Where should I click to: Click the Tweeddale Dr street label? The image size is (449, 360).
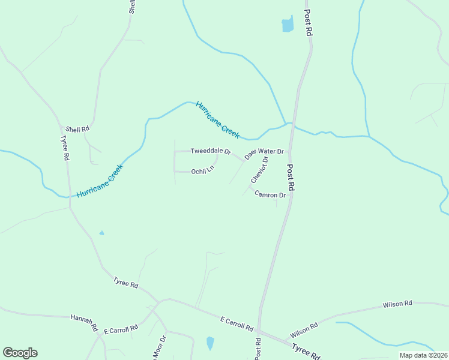tap(211, 151)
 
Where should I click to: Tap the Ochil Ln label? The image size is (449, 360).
tap(202, 172)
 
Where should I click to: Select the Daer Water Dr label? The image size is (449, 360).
tap(264, 152)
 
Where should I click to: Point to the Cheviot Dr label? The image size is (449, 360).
tap(259, 170)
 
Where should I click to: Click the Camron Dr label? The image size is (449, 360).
tap(270, 194)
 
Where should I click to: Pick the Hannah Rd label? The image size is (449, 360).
tap(84, 322)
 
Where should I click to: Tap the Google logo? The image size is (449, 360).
tap(20, 353)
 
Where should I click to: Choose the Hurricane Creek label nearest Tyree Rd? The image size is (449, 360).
tap(100, 182)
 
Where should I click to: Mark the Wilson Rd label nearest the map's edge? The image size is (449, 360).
tap(397, 305)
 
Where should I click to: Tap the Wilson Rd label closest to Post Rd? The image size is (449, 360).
tap(304, 329)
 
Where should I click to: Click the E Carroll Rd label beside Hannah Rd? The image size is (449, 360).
tap(121, 329)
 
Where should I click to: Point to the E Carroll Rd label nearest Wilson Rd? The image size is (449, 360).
tap(237, 324)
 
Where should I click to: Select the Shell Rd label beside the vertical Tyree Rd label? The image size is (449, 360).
tap(77, 129)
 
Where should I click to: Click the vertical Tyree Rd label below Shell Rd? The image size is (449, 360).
tap(64, 147)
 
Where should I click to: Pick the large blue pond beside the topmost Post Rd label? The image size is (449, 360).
tap(288, 25)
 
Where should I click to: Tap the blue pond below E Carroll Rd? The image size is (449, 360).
tap(210, 343)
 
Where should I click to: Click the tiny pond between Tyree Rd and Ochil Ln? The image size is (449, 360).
tap(101, 233)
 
